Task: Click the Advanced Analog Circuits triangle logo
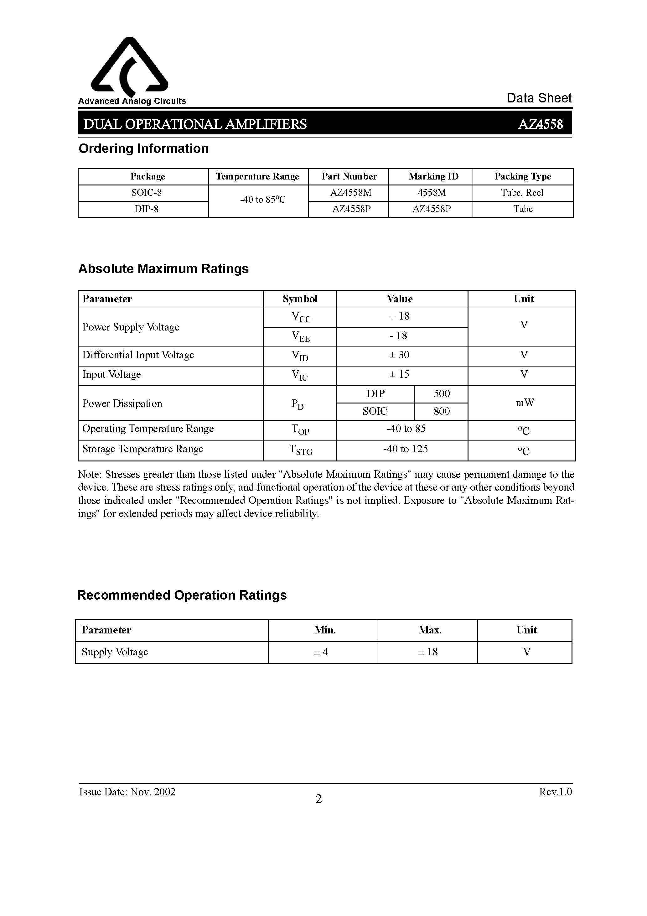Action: (x=130, y=66)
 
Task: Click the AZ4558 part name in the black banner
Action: (x=540, y=124)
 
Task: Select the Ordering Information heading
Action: (x=144, y=148)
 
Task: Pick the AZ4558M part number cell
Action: (x=351, y=193)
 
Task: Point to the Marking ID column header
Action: (x=433, y=176)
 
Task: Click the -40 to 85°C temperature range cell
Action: (x=262, y=200)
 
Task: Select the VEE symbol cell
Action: (x=300, y=337)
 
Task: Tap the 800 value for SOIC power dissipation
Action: (x=442, y=411)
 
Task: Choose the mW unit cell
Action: (x=524, y=403)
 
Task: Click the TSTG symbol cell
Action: (x=300, y=450)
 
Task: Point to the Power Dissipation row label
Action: (x=122, y=403)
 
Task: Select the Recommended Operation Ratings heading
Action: (x=182, y=595)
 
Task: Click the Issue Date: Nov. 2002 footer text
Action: (x=127, y=792)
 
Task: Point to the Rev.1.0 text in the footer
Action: (x=555, y=792)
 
